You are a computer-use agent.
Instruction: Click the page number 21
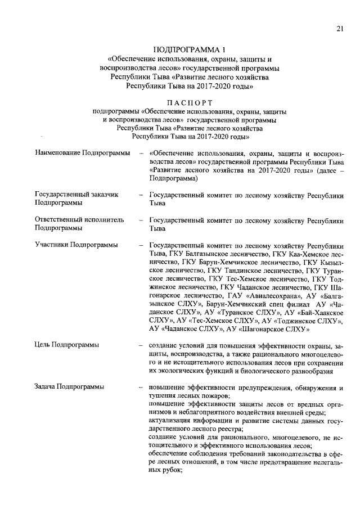click(x=340, y=29)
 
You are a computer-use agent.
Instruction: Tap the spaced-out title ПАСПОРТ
click(x=188, y=102)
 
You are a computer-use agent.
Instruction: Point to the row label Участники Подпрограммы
click(x=76, y=245)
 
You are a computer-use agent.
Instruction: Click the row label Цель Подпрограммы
click(x=67, y=345)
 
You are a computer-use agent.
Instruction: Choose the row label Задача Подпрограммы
click(x=70, y=387)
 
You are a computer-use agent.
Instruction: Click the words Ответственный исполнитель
click(x=79, y=220)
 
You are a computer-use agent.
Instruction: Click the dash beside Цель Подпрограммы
click(x=139, y=345)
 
